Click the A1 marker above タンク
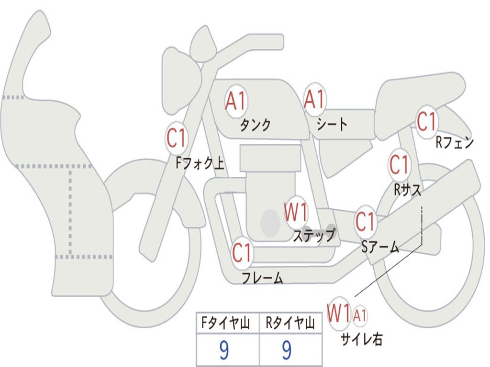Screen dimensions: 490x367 coord(235,101)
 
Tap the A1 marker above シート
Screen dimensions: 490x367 coord(315,99)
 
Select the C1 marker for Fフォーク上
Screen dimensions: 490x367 coord(177,139)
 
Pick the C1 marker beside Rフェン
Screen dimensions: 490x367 coord(426,121)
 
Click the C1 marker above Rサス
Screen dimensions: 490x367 coord(399,165)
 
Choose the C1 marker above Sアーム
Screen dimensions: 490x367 coord(366,221)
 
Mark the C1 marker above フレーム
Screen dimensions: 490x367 coord(242,252)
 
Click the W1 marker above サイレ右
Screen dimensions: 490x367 coord(339,314)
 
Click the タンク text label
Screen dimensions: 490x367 coord(255,125)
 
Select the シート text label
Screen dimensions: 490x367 coord(332,125)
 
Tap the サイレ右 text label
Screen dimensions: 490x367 coord(361,339)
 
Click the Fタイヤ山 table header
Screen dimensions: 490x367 coord(225,324)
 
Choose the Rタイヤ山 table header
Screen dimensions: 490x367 coord(290,324)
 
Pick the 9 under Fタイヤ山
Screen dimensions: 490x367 coord(223,351)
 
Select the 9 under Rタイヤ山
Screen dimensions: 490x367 coord(287,351)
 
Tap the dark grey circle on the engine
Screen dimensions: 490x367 coord(270,223)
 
